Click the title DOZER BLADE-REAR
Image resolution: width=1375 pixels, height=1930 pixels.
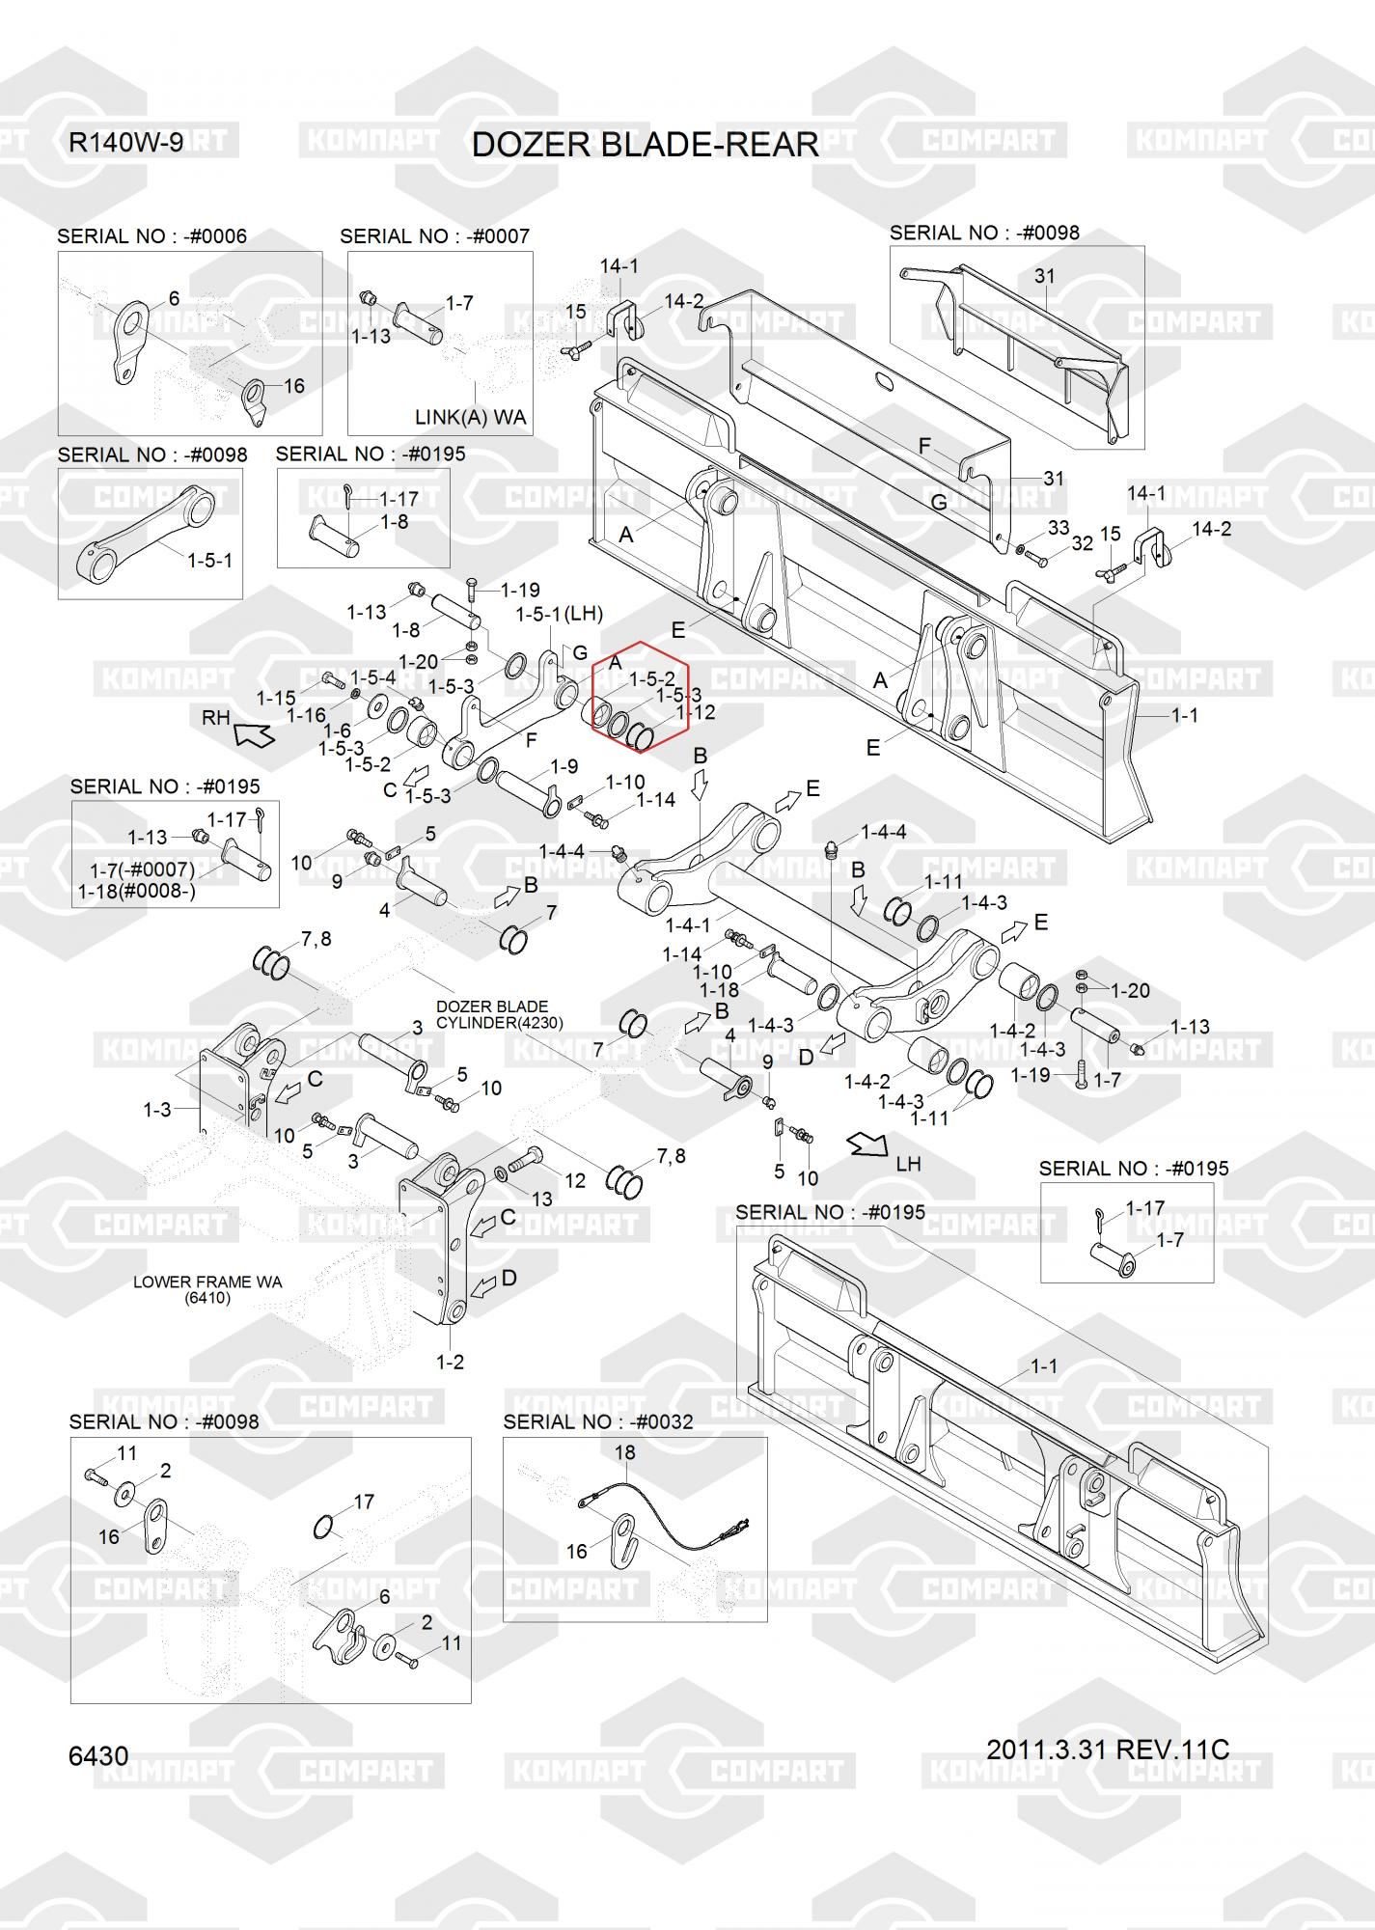click(645, 145)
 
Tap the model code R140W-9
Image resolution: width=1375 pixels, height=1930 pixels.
click(125, 143)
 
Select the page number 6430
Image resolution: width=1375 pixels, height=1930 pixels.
click(98, 1755)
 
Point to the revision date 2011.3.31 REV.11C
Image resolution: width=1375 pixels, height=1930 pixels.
click(1108, 1749)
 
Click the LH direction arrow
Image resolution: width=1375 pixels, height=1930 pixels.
click(867, 1144)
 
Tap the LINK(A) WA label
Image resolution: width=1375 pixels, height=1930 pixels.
click(471, 417)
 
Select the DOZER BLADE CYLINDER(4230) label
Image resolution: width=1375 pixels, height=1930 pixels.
click(499, 1014)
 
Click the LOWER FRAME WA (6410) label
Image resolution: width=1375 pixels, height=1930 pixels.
click(207, 1290)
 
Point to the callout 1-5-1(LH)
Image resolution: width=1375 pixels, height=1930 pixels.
click(560, 614)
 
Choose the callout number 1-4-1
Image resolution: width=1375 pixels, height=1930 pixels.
click(688, 925)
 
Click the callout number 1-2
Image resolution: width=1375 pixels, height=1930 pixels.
click(451, 1362)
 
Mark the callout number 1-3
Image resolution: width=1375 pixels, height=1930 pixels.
click(156, 1110)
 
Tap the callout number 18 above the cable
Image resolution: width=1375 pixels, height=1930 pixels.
click(624, 1451)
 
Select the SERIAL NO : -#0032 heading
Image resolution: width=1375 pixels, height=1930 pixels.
click(598, 1421)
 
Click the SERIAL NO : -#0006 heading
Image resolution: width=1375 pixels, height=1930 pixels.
click(151, 236)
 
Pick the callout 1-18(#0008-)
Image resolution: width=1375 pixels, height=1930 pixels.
click(137, 891)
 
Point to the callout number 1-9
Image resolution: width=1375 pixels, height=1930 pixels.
click(564, 766)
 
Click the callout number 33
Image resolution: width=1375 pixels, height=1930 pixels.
click(1059, 528)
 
